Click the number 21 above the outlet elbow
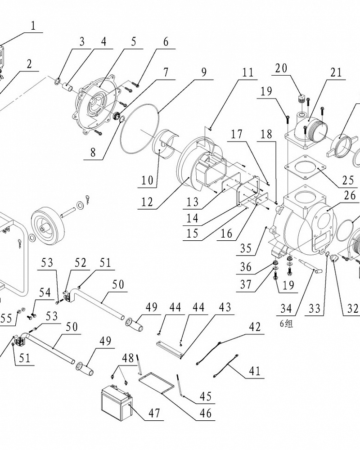tap(336, 72)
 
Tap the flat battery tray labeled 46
tap(156, 379)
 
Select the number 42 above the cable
tap(255, 327)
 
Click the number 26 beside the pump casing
tap(349, 196)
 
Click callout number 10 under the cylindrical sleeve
tap(147, 181)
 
